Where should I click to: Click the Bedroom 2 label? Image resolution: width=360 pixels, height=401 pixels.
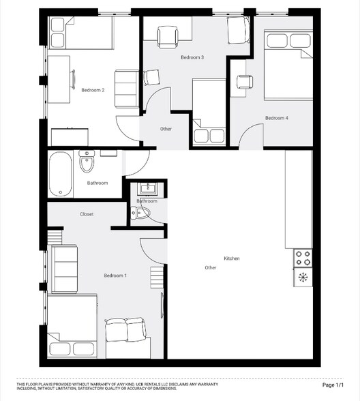[x=93, y=90]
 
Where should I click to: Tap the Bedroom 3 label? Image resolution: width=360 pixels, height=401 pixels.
[x=192, y=58]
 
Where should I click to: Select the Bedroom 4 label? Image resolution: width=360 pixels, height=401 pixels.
[x=277, y=118]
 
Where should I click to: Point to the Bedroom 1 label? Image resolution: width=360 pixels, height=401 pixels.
[x=115, y=275]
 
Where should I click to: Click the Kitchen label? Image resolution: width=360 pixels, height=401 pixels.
[x=232, y=258]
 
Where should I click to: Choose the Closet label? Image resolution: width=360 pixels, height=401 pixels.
[x=87, y=214]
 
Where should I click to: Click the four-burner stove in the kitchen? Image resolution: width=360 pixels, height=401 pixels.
[x=303, y=258]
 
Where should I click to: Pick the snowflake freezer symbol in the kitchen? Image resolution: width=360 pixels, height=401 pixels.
[x=303, y=277]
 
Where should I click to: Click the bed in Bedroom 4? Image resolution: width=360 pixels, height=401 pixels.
[x=285, y=65]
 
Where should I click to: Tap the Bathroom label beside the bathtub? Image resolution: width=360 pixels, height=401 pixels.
[x=97, y=183]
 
